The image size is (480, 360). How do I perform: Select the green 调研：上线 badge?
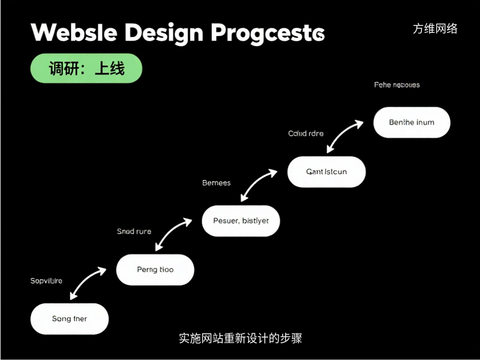click(86, 68)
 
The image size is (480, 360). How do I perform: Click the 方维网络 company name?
click(435, 29)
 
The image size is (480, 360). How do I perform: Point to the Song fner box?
click(69, 319)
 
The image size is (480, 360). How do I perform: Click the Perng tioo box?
click(155, 270)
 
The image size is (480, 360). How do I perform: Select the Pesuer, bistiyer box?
click(241, 220)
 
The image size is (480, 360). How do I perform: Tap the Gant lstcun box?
click(326, 172)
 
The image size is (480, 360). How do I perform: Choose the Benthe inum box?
click(412, 122)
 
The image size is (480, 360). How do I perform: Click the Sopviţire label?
click(46, 281)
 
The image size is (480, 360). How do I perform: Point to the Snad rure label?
click(134, 231)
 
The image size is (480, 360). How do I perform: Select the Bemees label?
click(217, 183)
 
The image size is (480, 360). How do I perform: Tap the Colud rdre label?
click(306, 134)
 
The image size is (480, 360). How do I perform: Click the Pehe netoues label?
click(397, 85)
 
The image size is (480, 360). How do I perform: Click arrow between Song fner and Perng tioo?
click(88, 283)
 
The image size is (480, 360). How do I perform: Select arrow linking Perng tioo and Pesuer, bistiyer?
click(173, 233)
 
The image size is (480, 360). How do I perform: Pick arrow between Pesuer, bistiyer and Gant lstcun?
click(259, 185)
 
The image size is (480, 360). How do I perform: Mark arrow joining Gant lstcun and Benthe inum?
click(345, 136)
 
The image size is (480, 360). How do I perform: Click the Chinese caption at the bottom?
click(240, 338)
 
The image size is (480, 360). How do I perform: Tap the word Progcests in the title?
click(267, 33)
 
